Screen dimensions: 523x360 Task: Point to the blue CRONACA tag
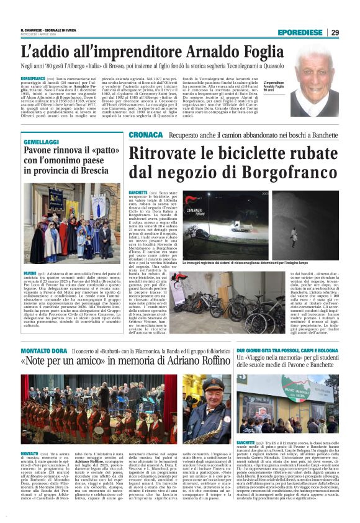(146, 135)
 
